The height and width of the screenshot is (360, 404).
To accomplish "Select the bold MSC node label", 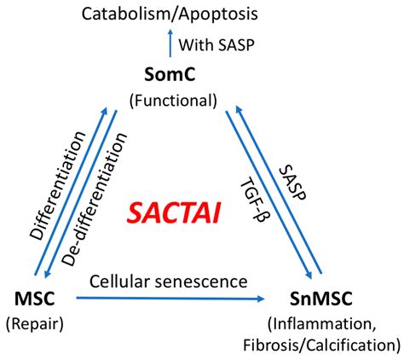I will (35, 299).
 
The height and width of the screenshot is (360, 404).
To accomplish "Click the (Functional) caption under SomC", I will (174, 100).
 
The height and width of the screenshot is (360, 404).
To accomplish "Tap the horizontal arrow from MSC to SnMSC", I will (170, 299).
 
